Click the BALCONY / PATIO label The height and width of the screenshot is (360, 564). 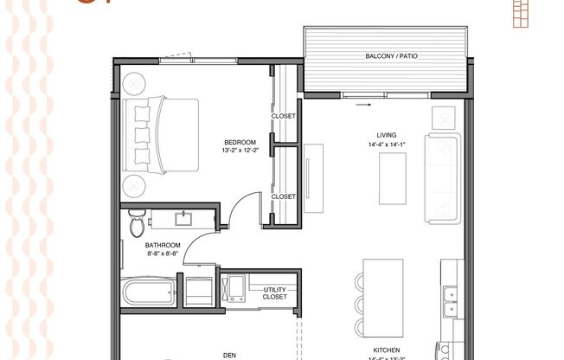point(387,57)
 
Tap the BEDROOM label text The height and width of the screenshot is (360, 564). point(240,142)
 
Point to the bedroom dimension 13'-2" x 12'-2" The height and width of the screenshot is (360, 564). point(240,151)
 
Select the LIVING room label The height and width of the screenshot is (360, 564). point(386,135)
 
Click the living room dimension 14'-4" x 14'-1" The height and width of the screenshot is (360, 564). point(386,144)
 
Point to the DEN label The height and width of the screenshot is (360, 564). point(229,354)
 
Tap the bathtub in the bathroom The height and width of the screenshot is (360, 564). point(149,292)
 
